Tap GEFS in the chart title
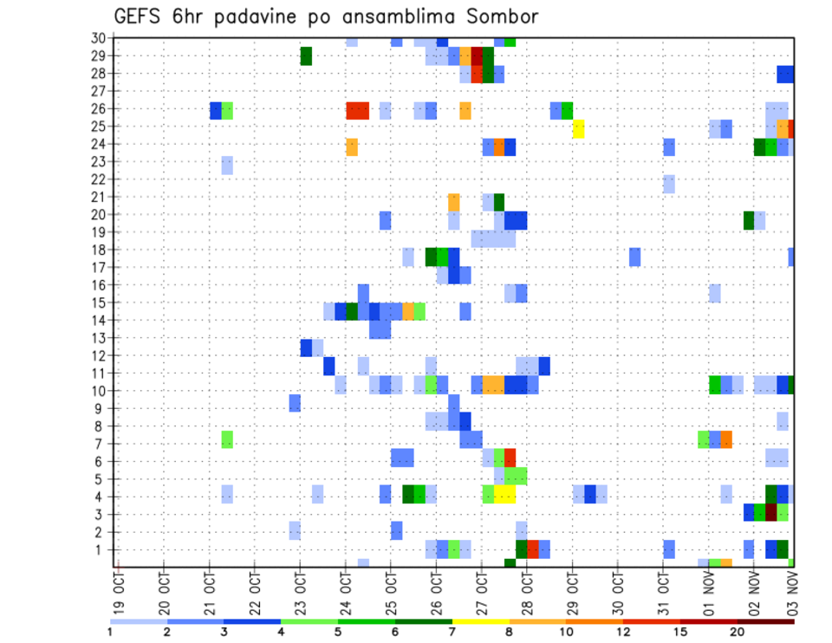(x=142, y=17)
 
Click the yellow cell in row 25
(x=578, y=128)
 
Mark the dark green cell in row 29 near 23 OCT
(x=306, y=56)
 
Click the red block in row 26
(x=357, y=110)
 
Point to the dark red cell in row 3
(x=770, y=512)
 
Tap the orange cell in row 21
(x=453, y=202)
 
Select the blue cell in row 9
(x=295, y=403)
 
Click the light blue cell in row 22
(x=669, y=184)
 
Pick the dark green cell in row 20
(x=748, y=220)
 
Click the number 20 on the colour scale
(x=738, y=632)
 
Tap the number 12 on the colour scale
(x=624, y=632)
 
